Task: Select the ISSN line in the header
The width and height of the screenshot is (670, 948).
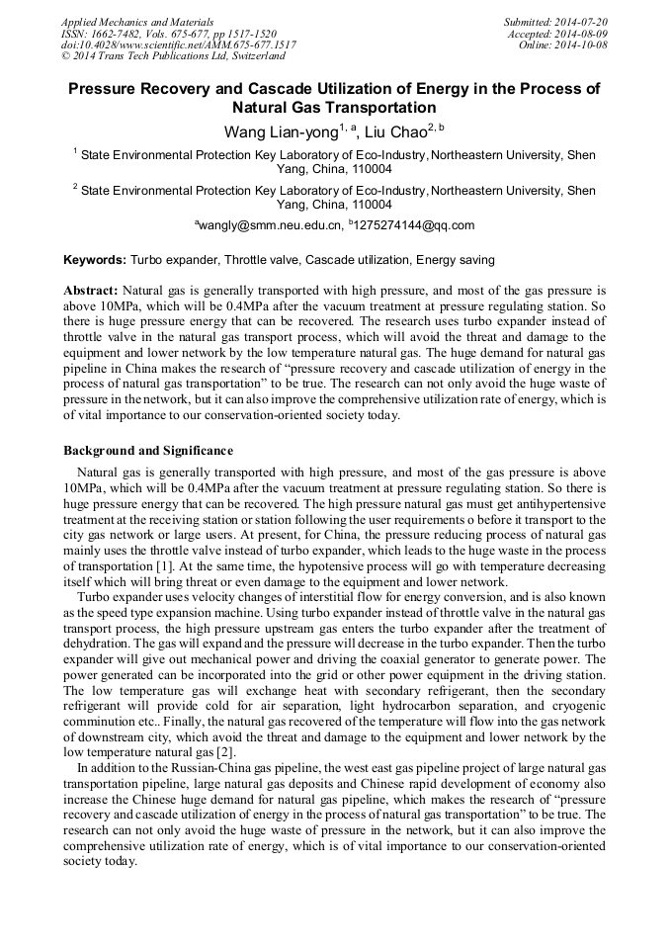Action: point(168,33)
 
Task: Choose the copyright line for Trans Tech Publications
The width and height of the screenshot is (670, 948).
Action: point(173,56)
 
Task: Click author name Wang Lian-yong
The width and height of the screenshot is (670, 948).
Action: point(283,130)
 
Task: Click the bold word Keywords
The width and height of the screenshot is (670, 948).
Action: point(95,260)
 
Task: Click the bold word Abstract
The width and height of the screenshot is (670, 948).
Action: point(91,292)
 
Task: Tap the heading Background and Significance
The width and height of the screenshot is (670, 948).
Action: point(148,451)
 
